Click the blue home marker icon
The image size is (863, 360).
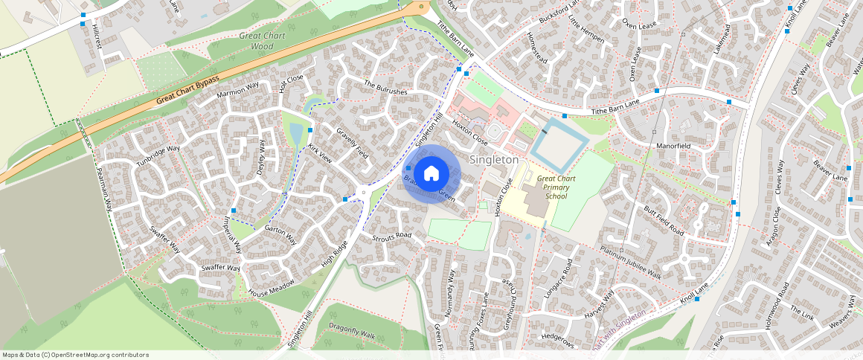pyautogui.click(x=431, y=173)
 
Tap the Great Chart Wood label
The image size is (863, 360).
pyautogui.click(x=257, y=41)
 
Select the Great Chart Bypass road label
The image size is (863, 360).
pyautogui.click(x=187, y=90)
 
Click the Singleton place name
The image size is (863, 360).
pyautogui.click(x=494, y=160)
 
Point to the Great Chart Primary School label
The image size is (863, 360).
pyautogui.click(x=556, y=187)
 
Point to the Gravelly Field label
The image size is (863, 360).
pyautogui.click(x=353, y=143)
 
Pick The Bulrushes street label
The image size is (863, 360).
pyautogui.click(x=385, y=88)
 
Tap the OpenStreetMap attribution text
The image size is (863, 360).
pyautogui.click(x=75, y=355)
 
